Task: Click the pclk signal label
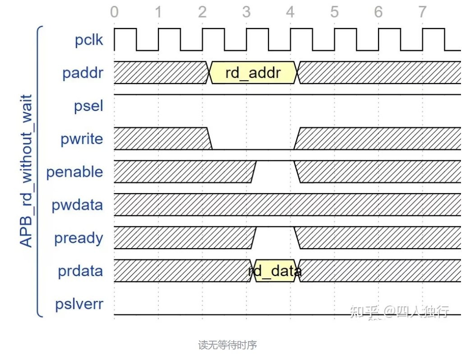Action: [x=89, y=40]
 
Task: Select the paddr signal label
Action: [x=83, y=73]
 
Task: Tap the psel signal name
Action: [x=88, y=106]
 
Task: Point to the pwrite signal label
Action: [x=82, y=139]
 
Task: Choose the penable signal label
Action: [x=74, y=172]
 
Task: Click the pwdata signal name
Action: [x=77, y=205]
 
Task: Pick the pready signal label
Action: [x=78, y=238]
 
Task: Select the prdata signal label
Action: [x=80, y=271]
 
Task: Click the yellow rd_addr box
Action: [x=253, y=73]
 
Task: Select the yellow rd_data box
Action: [x=275, y=271]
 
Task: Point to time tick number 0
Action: [x=114, y=12]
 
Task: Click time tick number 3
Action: [x=246, y=12]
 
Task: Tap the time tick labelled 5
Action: [x=334, y=12]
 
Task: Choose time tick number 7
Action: [x=422, y=12]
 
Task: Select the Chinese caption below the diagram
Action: [x=227, y=345]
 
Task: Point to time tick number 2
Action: [x=202, y=12]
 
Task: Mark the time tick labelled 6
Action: [x=378, y=12]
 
